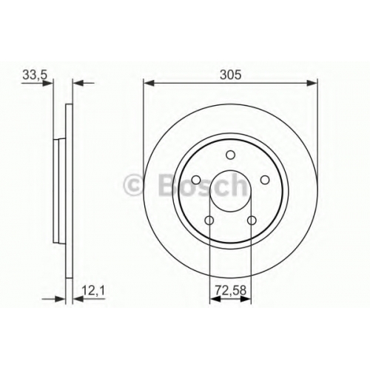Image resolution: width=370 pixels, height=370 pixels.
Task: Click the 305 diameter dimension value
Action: (230, 75)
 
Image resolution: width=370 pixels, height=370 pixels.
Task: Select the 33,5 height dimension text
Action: (35, 75)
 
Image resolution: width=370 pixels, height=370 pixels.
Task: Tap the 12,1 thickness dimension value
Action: (93, 291)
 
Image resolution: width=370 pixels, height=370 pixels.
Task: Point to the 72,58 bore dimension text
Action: (231, 291)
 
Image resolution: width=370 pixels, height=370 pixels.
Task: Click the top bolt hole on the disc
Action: (230, 155)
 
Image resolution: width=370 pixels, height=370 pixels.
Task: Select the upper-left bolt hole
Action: (196, 180)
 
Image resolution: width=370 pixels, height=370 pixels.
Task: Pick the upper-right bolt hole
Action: (265, 180)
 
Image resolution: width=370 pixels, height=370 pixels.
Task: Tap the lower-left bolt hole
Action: (209, 221)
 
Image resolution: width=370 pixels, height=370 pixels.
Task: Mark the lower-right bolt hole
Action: (252, 221)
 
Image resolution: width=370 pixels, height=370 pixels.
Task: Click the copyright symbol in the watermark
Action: (133, 185)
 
